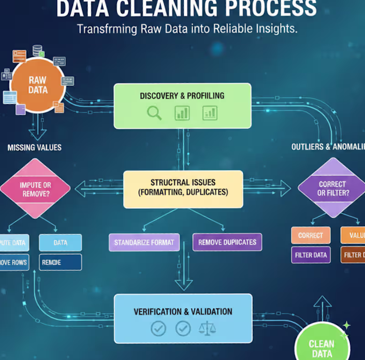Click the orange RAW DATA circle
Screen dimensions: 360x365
tap(37, 85)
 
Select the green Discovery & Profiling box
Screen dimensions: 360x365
tap(182, 106)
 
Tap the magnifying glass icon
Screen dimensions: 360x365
tap(154, 113)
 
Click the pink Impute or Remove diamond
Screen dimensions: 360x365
tap(35, 189)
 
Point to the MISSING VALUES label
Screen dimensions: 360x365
tap(34, 148)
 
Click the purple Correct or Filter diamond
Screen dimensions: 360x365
tap(332, 188)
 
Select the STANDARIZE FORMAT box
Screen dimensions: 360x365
tap(144, 242)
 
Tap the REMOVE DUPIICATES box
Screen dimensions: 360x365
tap(227, 242)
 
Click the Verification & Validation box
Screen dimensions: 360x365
tap(183, 318)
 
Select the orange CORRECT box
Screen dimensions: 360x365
tap(310, 235)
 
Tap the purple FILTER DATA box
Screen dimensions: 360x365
tap(310, 255)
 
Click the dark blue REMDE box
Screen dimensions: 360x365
tap(60, 262)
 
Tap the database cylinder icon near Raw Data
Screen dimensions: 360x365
tap(37, 50)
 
